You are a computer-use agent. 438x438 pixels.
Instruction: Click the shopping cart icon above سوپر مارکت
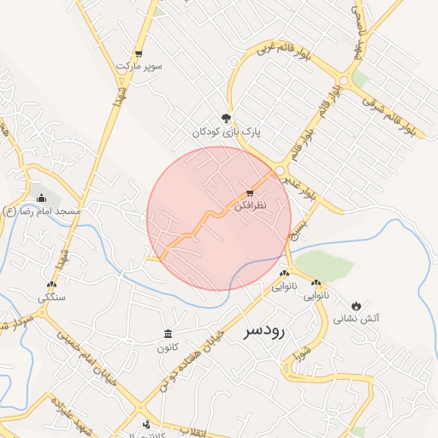pos(139,53)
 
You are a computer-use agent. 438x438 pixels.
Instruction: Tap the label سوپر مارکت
pos(139,66)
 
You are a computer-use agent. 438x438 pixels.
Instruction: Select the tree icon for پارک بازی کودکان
pos(226,119)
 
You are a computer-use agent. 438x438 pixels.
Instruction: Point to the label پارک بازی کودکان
pos(226,133)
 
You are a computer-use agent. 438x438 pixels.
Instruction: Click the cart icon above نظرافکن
pos(250,193)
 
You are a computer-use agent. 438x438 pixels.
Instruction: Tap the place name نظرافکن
pos(250,207)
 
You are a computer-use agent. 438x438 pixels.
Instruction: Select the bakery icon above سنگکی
pos(52,286)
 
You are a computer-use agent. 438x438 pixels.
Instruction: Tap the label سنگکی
pos(50,299)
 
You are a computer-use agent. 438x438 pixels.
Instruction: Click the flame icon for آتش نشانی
pos(356,305)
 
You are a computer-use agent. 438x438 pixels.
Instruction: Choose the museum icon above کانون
pos(167,334)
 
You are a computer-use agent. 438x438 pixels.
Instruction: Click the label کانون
pos(167,347)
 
